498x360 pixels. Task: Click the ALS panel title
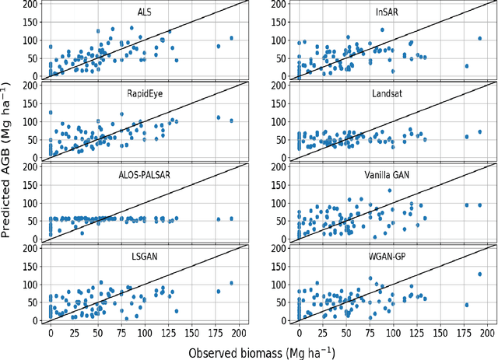pyautogui.click(x=145, y=11)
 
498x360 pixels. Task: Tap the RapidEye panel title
pyautogui.click(x=145, y=93)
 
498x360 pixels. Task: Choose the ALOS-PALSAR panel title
pyautogui.click(x=145, y=175)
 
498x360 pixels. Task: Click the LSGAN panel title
pyautogui.click(x=145, y=257)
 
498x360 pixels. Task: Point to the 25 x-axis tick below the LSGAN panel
pyautogui.click(x=74, y=331)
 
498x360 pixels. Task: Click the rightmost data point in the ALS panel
pyautogui.click(x=231, y=38)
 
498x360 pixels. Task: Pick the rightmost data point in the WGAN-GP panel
pyautogui.click(x=480, y=274)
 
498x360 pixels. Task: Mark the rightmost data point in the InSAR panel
pyautogui.click(x=480, y=38)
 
